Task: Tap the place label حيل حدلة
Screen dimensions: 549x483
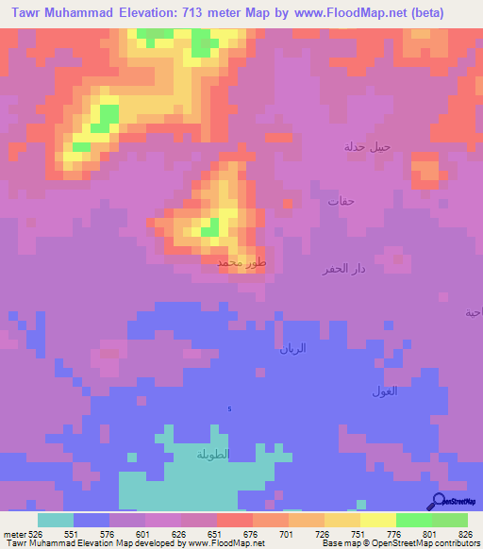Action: [366, 146]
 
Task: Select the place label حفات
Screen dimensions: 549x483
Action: [340, 201]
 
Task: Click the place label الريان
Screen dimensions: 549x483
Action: [293, 348]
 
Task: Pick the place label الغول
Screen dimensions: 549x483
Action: [385, 391]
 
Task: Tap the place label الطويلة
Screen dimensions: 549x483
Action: [213, 455]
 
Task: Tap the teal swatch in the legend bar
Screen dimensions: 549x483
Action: [55, 520]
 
